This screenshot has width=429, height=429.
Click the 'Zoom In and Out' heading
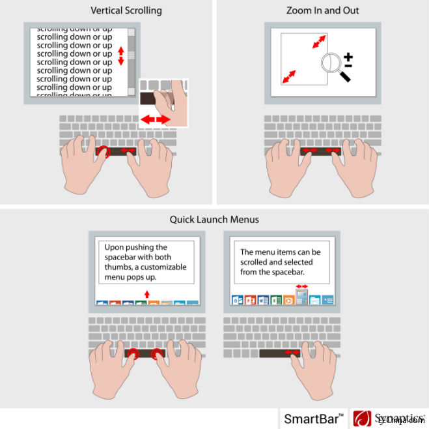(322, 10)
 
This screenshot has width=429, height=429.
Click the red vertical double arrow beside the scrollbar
(120, 55)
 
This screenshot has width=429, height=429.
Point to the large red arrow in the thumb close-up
(155, 120)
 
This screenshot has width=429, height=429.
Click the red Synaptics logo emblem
(363, 418)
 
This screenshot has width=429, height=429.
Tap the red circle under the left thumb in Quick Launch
(133, 354)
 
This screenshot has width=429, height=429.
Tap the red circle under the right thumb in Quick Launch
(157, 354)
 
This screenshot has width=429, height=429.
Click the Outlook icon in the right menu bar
(237, 301)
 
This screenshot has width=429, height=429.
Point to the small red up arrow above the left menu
(147, 295)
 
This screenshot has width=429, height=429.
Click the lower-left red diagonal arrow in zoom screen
(288, 78)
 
